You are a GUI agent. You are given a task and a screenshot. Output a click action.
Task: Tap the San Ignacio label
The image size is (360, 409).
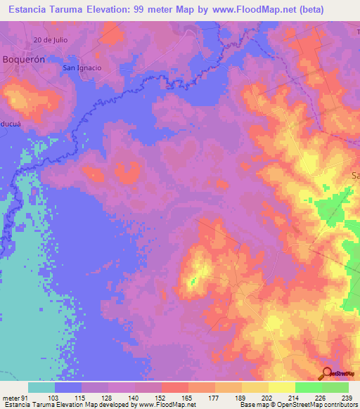point(82,68)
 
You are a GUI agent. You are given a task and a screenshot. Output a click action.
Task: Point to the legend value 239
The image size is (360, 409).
point(345,398)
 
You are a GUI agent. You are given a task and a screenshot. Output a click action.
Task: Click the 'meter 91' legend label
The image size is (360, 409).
point(14,398)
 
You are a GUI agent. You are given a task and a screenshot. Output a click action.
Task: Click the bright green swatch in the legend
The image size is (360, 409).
point(308,387)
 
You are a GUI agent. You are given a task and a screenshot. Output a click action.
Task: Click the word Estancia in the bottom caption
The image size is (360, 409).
point(15,405)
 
